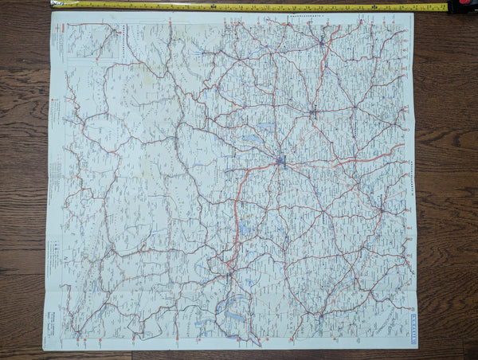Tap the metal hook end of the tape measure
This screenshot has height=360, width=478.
[53, 4]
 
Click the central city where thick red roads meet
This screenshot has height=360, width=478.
[280, 162]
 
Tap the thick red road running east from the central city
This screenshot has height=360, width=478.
[343, 160]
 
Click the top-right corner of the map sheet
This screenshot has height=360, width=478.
[413, 12]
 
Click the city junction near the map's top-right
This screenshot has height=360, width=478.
[322, 41]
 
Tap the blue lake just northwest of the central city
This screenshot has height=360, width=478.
[253, 139]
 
